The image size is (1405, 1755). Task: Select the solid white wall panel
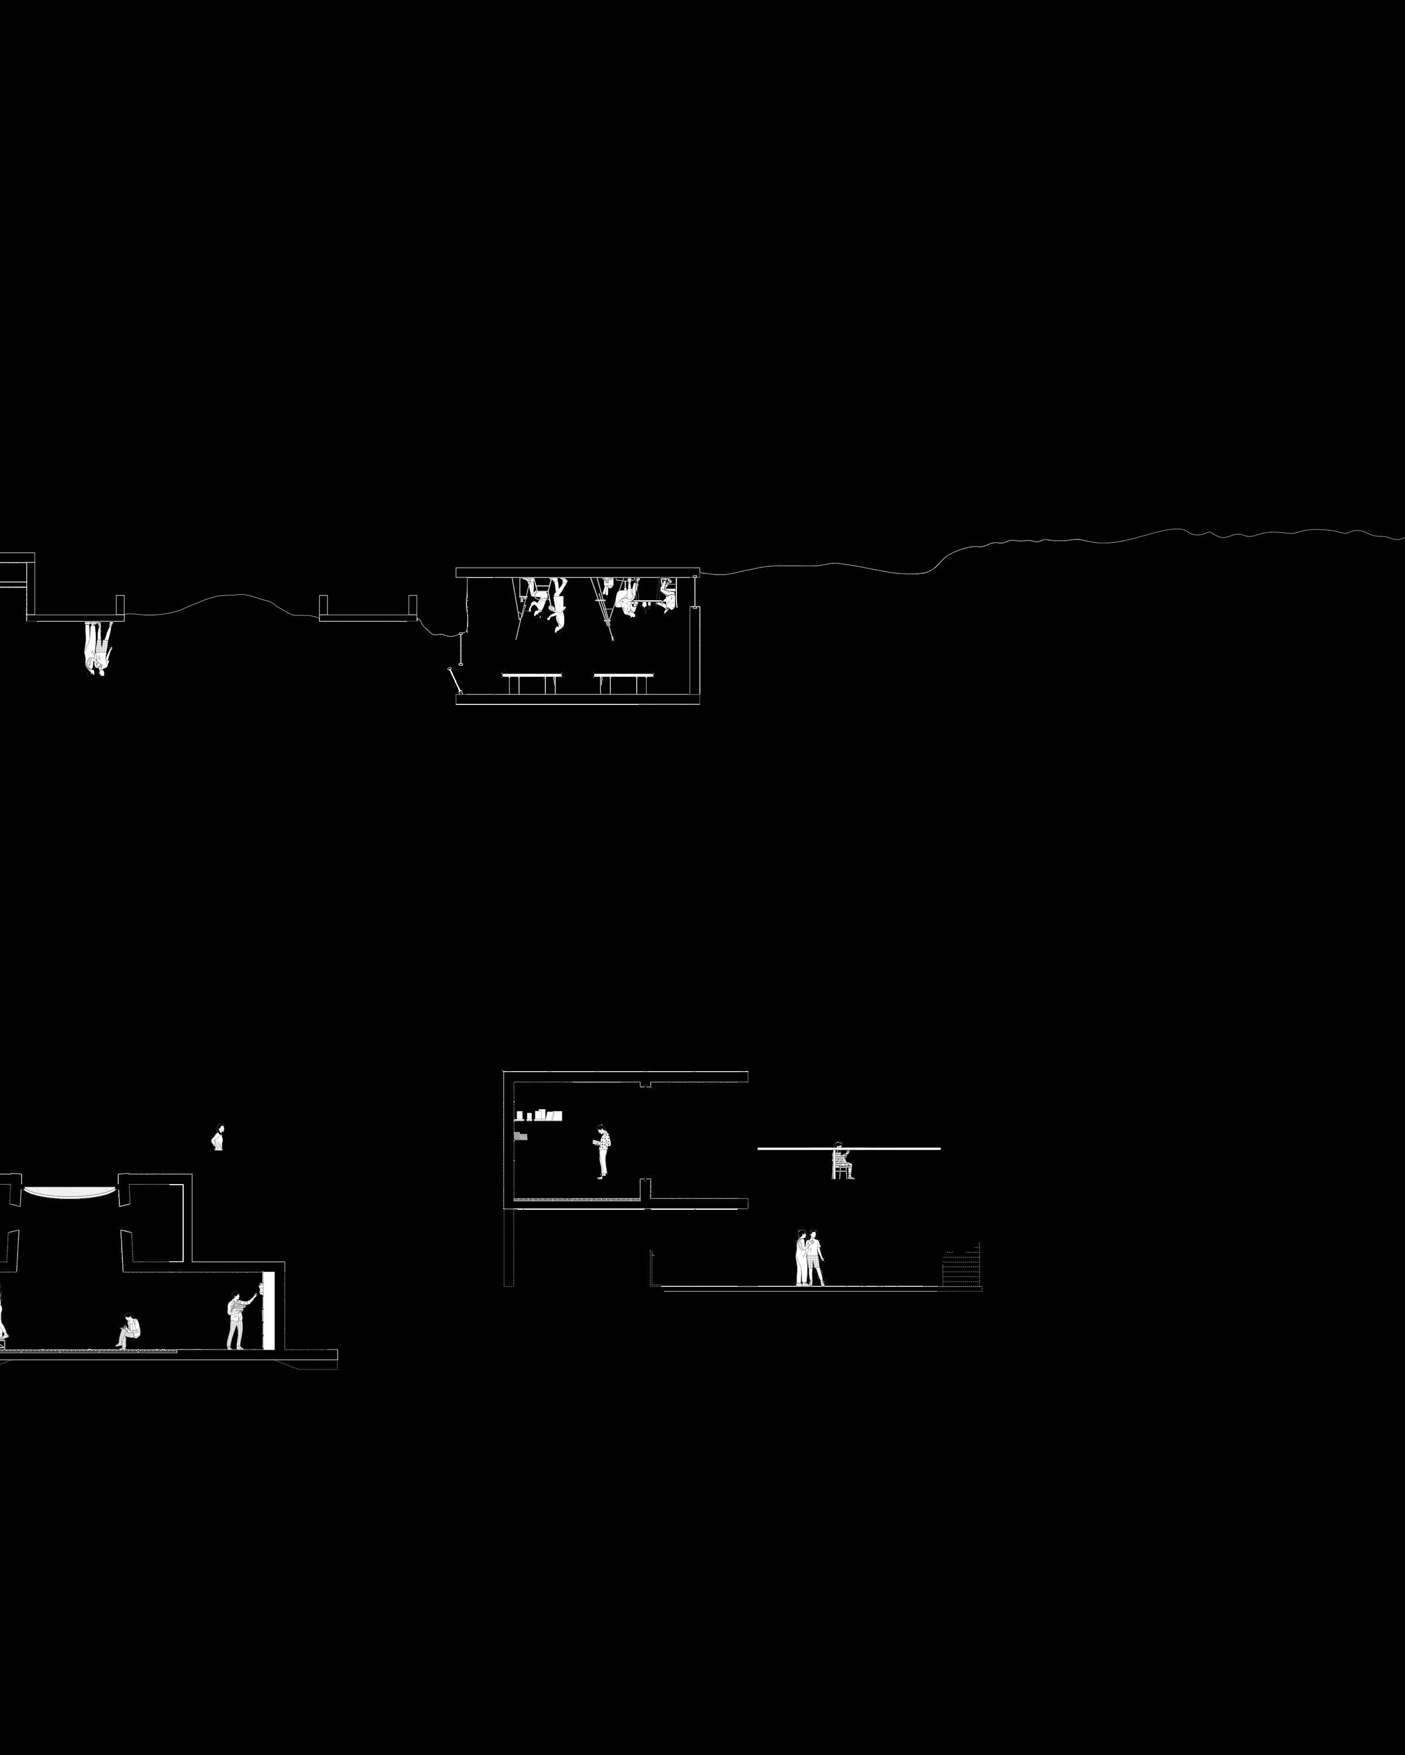click(x=269, y=1310)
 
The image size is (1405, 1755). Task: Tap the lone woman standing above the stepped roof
click(x=217, y=1137)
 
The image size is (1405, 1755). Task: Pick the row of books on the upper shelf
click(x=539, y=1115)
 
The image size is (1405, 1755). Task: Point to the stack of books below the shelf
click(x=521, y=1135)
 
